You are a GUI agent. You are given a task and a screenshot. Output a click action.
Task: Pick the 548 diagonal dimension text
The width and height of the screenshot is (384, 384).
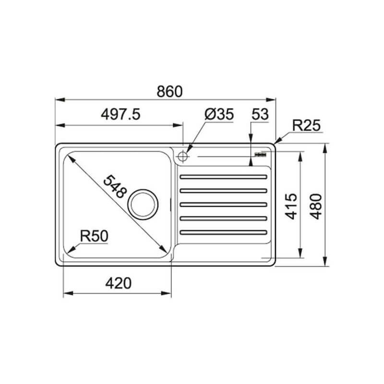(115, 186)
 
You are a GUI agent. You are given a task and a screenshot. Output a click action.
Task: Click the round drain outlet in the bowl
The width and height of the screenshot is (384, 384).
(142, 202)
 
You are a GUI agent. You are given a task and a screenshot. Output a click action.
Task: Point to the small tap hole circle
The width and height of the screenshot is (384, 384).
(182, 156)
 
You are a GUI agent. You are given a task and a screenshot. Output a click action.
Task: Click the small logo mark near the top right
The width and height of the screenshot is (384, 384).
(260, 154)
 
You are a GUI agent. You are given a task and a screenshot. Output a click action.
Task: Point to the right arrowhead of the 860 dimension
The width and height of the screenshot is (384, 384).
(274, 100)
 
